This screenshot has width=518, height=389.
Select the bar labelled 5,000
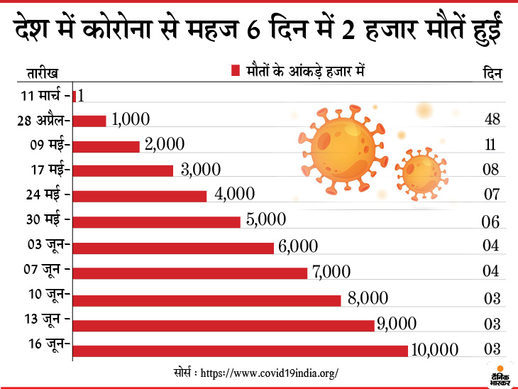click(x=157, y=222)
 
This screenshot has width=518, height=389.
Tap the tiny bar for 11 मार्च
click(x=75, y=95)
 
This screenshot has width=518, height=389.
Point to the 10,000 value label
click(x=435, y=349)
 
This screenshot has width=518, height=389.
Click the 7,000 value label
click(x=331, y=272)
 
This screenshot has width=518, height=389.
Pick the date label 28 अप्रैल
click(x=43, y=121)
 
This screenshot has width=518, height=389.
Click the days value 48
click(x=492, y=119)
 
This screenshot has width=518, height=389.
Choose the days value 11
click(x=492, y=145)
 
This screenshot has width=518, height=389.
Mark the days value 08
click(x=492, y=170)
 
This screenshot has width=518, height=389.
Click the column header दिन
click(x=492, y=72)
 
